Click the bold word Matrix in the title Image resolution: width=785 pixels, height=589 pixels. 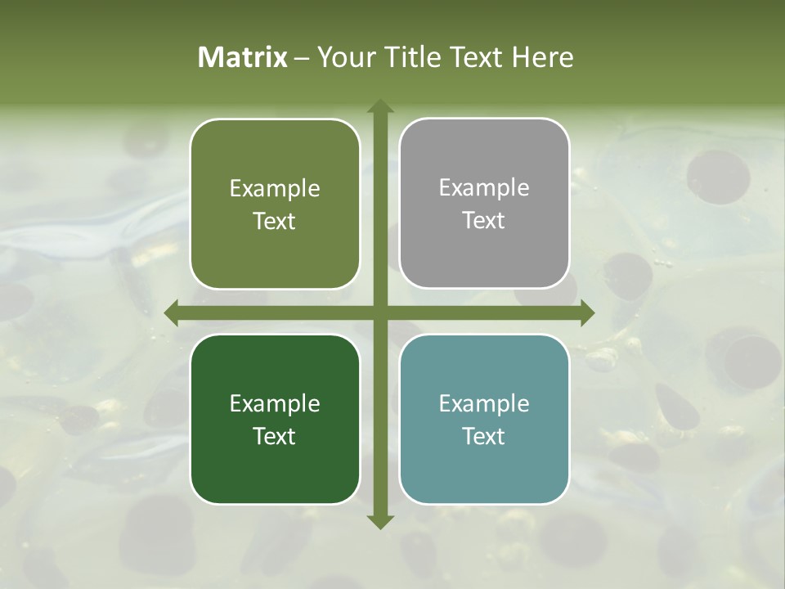[x=243, y=57]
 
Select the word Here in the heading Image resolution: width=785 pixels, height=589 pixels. [x=542, y=57]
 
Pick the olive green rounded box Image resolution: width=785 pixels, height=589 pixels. [x=275, y=204]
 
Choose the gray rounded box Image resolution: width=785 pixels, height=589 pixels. [x=484, y=204]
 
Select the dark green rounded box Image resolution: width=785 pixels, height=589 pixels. [x=275, y=419]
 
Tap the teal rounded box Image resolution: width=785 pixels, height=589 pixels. [x=484, y=419]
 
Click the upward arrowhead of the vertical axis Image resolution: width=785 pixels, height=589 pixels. [x=379, y=106]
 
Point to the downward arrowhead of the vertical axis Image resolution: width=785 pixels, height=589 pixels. [x=379, y=521]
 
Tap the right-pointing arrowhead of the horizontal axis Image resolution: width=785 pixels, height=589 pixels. [x=587, y=312]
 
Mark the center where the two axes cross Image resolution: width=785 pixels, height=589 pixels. [x=379, y=312]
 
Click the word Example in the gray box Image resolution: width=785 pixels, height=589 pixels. [x=484, y=188]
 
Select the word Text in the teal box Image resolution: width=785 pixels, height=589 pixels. [x=484, y=436]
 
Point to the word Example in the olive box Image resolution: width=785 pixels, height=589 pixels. [x=275, y=189]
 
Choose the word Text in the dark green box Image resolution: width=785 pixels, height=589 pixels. [x=275, y=436]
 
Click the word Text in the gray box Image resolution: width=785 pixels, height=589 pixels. [x=484, y=221]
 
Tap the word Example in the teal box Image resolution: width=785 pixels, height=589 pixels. [x=484, y=403]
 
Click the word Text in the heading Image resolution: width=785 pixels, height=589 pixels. [x=477, y=57]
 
